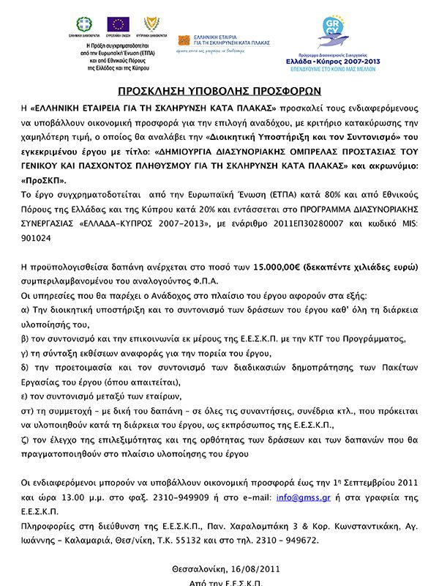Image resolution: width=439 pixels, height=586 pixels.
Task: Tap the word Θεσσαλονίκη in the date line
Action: [x=198, y=568]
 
